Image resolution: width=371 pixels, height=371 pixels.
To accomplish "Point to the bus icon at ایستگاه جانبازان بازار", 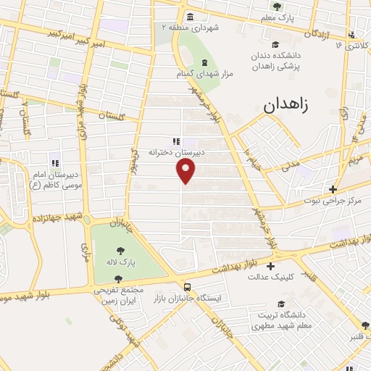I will coord(188,286).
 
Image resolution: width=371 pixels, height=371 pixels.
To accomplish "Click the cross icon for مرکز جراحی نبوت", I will coord(333,189).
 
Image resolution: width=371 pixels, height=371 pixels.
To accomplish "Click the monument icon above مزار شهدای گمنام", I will coord(204,62).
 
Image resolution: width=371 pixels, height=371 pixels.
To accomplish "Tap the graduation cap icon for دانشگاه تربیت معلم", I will coord(280,304).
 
